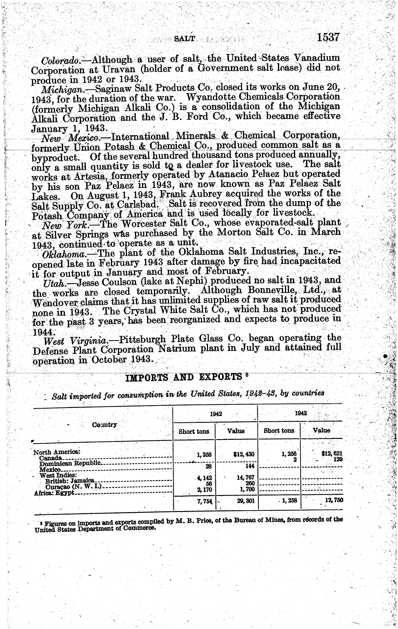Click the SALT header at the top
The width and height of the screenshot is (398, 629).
coord(185,39)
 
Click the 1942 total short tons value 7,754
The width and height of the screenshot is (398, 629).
coord(205,500)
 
